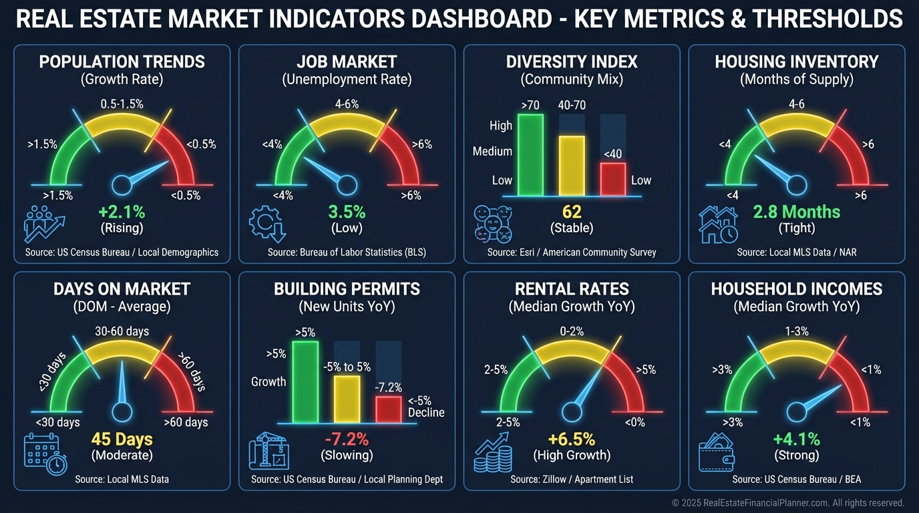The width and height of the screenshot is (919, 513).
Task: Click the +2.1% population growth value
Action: pyautogui.click(x=122, y=212)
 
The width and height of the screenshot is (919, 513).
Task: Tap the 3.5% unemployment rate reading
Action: pyautogui.click(x=347, y=212)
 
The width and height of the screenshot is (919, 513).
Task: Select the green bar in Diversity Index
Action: pyautogui.click(x=530, y=154)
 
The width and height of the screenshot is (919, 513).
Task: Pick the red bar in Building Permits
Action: pyautogui.click(x=388, y=409)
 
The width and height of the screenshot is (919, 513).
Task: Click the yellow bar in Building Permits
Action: pyautogui.click(x=347, y=399)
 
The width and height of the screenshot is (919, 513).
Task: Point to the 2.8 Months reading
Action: pyautogui.click(x=796, y=212)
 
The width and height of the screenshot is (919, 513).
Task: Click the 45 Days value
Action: pyautogui.click(x=122, y=440)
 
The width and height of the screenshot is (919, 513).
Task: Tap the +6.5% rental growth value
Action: pyautogui.click(x=572, y=440)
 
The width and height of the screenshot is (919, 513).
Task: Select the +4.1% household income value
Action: pyautogui.click(x=796, y=440)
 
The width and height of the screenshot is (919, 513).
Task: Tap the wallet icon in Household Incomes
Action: pyautogui.click(x=716, y=453)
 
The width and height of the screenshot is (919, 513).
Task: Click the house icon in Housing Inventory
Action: pyautogui.click(x=717, y=224)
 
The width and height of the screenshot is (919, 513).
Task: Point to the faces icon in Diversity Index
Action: pyautogui.click(x=493, y=224)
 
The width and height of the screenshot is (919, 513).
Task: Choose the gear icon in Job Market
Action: pyautogui.click(x=266, y=224)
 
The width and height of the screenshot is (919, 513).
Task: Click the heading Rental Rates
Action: pyautogui.click(x=572, y=289)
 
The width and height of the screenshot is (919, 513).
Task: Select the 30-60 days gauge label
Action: pyautogui.click(x=122, y=331)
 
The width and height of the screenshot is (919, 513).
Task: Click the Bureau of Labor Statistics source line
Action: pyautogui.click(x=347, y=252)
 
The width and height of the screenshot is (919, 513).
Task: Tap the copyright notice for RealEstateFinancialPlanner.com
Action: pyautogui.click(x=788, y=502)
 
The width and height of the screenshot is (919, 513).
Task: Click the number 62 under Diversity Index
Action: pyautogui.click(x=572, y=212)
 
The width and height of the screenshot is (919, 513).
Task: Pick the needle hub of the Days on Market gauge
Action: pyautogui.click(x=122, y=411)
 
